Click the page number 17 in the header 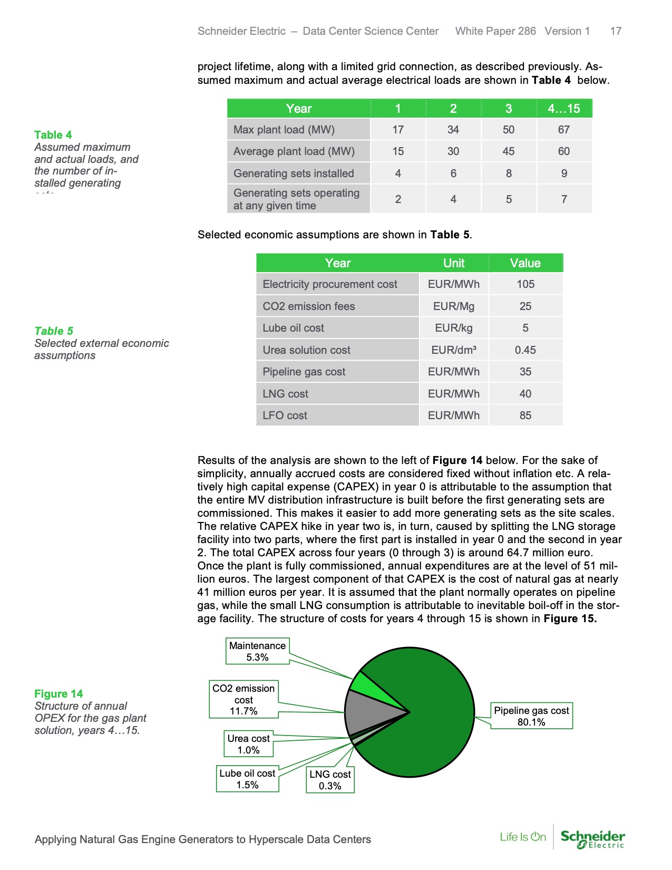tap(616, 31)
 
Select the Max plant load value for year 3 tap(508, 130)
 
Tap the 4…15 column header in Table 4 tap(563, 109)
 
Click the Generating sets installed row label tap(294, 173)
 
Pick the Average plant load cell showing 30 tap(453, 151)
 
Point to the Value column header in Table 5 tap(525, 263)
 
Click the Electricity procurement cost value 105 tap(525, 284)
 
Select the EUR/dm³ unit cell tap(453, 350)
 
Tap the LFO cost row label tap(285, 415)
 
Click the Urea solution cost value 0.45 tap(525, 350)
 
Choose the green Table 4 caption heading tap(53, 135)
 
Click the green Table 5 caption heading tap(54, 331)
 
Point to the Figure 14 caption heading tap(59, 694)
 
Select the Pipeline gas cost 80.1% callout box tap(531, 716)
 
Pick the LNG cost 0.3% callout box tap(330, 780)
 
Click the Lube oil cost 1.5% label tap(247, 779)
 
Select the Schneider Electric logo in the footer tap(592, 838)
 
